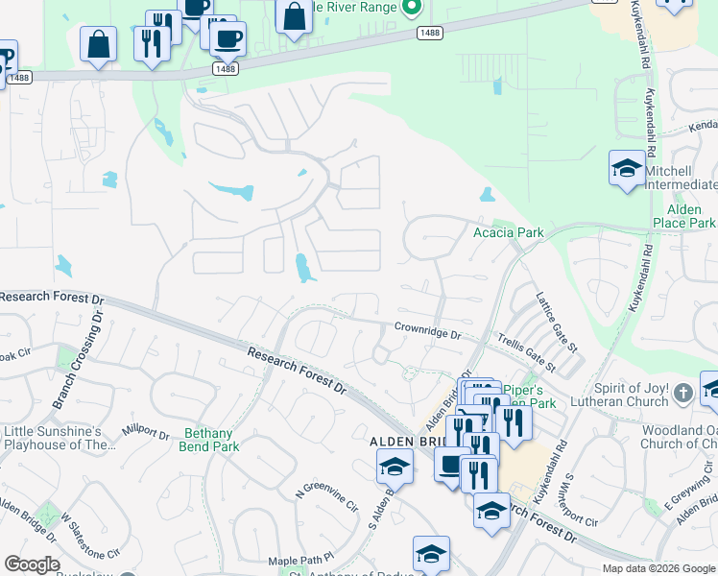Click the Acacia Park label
click(x=509, y=232)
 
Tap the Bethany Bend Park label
click(x=208, y=440)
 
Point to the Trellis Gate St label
click(x=526, y=352)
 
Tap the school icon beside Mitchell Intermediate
click(x=627, y=169)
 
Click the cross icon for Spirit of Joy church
click(x=682, y=393)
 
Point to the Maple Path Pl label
click(x=300, y=559)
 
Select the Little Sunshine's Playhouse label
click(x=60, y=437)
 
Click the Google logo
click(x=32, y=564)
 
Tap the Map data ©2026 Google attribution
click(x=658, y=568)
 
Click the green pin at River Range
click(x=413, y=8)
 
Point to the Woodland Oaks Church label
click(x=678, y=437)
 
